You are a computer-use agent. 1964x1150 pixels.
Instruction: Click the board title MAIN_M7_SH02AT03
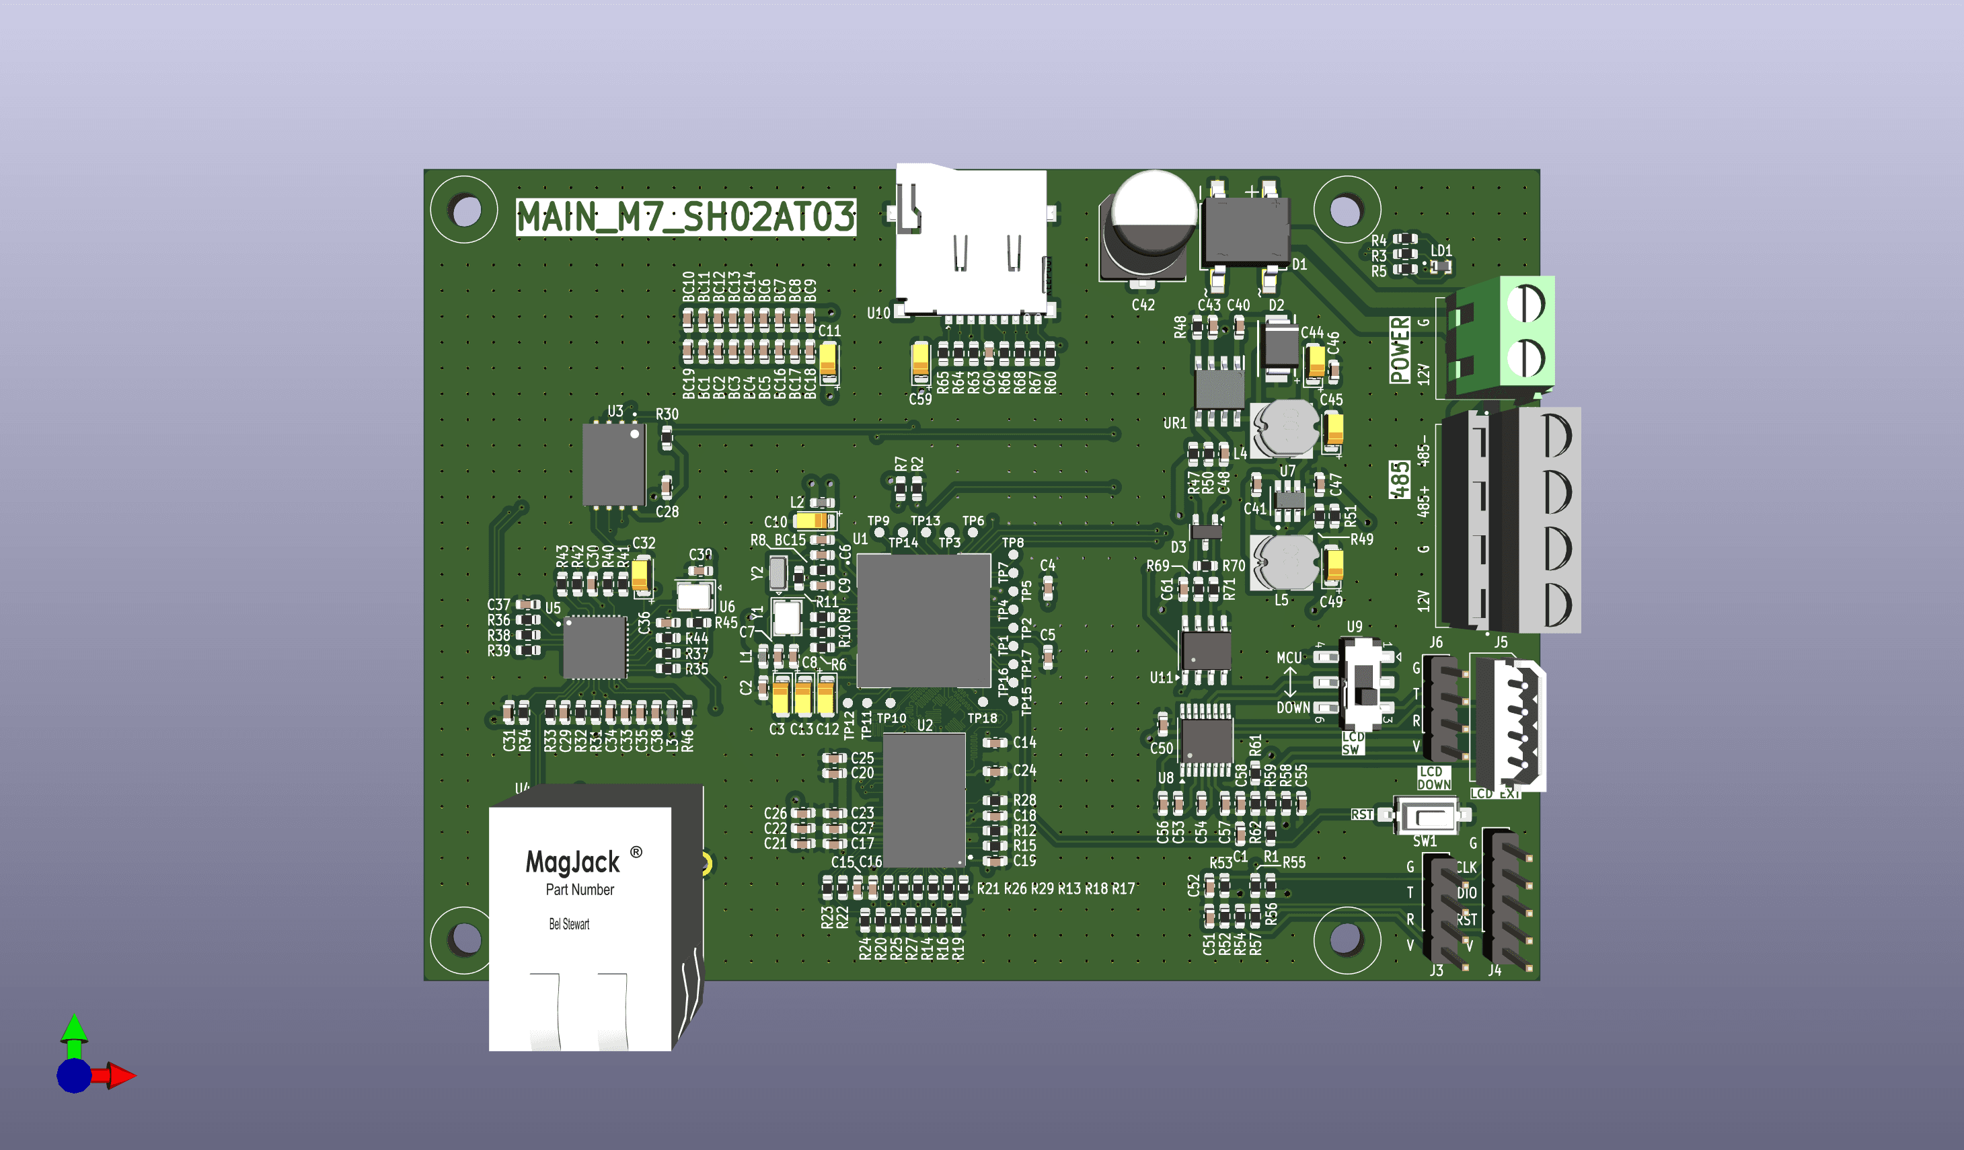(x=685, y=217)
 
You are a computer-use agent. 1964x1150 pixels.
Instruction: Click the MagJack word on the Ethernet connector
(x=573, y=861)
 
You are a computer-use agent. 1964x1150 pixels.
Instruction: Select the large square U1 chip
(x=923, y=620)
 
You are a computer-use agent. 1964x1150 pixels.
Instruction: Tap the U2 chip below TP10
(x=924, y=800)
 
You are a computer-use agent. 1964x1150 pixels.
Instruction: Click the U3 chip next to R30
(x=614, y=464)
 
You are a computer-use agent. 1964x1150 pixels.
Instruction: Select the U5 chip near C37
(x=595, y=647)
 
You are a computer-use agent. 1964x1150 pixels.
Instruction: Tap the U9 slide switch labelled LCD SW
(x=1365, y=684)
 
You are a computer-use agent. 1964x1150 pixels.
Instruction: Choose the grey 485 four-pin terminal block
(x=1512, y=520)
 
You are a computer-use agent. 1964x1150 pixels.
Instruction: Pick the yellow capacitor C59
(x=920, y=362)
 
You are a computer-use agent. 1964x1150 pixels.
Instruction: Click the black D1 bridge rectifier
(x=1246, y=231)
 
